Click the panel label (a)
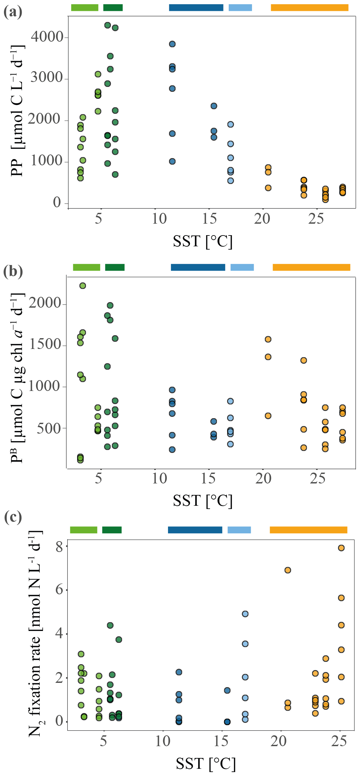[x=13, y=12]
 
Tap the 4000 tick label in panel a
[x=47, y=37]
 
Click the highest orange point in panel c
[x=341, y=548]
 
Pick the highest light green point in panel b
[x=83, y=286]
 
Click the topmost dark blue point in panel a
[x=172, y=44]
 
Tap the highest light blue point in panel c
[x=245, y=614]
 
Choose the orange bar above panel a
[x=309, y=8]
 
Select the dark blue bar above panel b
[x=198, y=267]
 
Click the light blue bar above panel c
[x=239, y=530]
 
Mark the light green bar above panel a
[x=85, y=8]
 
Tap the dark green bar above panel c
[x=112, y=530]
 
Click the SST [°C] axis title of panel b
[x=202, y=500]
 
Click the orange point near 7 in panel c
[x=288, y=570]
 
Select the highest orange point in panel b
[x=268, y=339]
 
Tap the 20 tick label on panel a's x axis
[x=262, y=219]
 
